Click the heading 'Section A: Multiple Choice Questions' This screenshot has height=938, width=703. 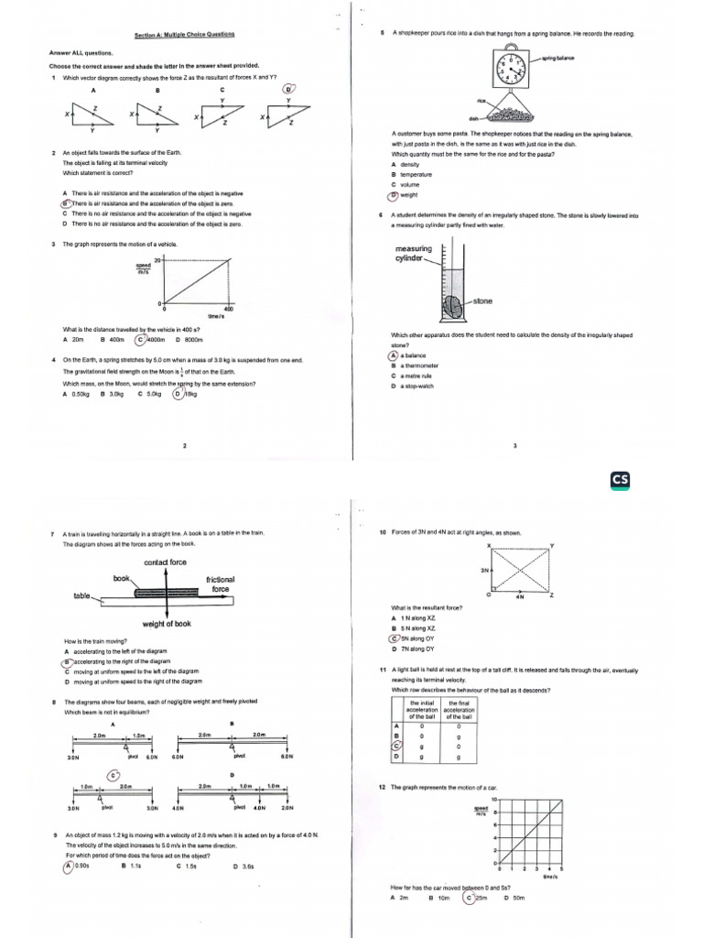[x=185, y=35]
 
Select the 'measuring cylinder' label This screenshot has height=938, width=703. [x=413, y=254]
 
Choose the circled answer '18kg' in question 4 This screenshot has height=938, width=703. [x=185, y=394]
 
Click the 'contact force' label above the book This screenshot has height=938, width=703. [x=164, y=562]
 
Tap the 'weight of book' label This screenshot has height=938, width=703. [x=167, y=624]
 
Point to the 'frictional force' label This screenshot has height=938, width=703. [x=220, y=584]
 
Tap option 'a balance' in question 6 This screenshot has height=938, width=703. [x=411, y=355]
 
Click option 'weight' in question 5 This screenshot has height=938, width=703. [x=407, y=195]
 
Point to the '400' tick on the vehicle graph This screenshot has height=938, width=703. [x=229, y=309]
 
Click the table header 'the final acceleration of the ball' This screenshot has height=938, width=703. [x=459, y=710]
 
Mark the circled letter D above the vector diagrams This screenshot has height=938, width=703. [x=288, y=90]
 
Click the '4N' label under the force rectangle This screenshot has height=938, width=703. [x=519, y=596]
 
